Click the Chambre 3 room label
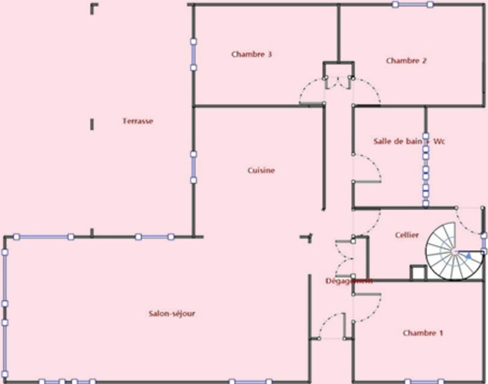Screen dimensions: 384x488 click(x=251, y=54)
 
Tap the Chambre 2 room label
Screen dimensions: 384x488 click(x=406, y=61)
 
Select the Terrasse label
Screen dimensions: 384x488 click(x=138, y=121)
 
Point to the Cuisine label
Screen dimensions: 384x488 click(x=261, y=171)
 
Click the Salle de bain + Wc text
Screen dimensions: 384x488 click(x=409, y=142)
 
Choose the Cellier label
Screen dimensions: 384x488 click(x=407, y=235)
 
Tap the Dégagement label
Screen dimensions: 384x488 click(x=348, y=281)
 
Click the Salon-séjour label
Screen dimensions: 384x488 click(x=172, y=314)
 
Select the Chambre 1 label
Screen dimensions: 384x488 click(x=423, y=333)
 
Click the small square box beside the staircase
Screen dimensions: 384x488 click(x=418, y=273)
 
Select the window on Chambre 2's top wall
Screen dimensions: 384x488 click(x=412, y=4)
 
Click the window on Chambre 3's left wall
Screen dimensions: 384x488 click(x=193, y=54)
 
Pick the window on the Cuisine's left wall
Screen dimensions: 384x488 click(x=193, y=167)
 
